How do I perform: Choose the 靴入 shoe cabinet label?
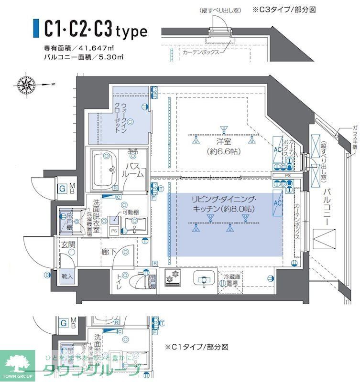67,276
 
